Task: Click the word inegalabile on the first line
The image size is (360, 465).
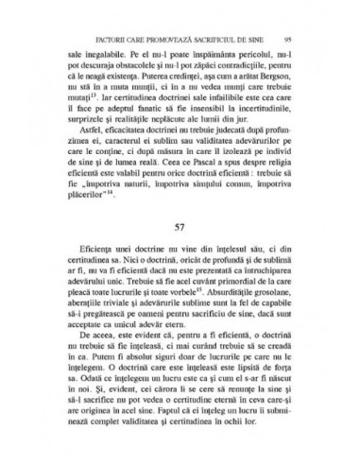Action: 101,56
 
